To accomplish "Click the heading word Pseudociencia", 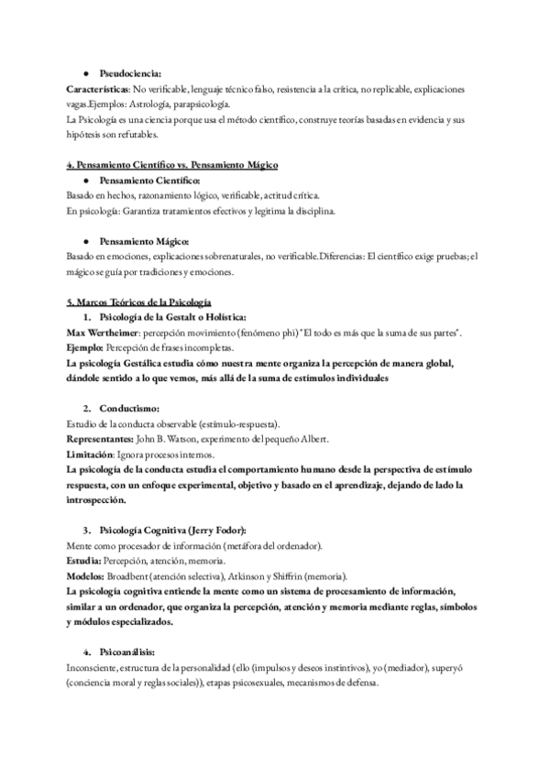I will (x=130, y=73).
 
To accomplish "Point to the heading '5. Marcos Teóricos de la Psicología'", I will (x=139, y=301).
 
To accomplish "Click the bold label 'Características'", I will (x=99, y=90).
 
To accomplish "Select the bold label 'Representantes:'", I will (x=102, y=439).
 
